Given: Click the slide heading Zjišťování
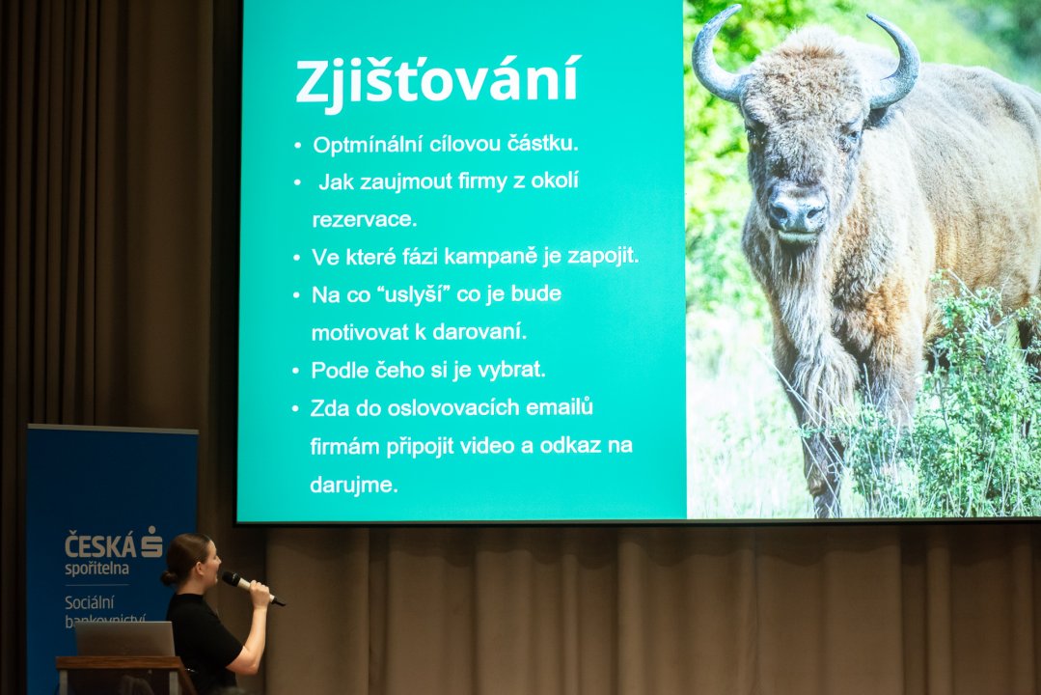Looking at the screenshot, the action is click(x=437, y=81).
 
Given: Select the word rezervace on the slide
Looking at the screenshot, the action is click(x=364, y=220).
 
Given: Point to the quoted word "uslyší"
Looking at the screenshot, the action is click(x=414, y=294).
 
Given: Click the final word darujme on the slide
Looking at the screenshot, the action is click(x=353, y=485).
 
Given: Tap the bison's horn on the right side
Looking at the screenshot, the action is click(x=893, y=61).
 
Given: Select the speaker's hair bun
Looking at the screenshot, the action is click(x=169, y=576).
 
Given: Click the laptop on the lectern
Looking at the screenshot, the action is click(x=124, y=638).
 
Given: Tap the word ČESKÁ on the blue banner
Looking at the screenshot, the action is click(x=100, y=545).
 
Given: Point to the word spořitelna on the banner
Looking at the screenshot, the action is click(x=96, y=569).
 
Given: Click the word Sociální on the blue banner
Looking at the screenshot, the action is click(x=90, y=602).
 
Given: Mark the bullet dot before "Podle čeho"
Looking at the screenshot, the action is click(x=296, y=371).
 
